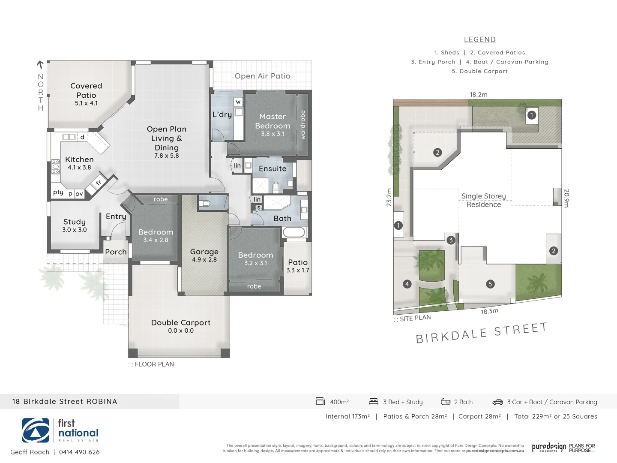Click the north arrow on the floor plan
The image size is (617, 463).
pos(40,65)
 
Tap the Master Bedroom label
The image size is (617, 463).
pos(273,121)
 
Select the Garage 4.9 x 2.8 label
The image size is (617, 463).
pos(204,255)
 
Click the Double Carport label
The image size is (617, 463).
pos(181,323)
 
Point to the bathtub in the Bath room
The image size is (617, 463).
pos(294,233)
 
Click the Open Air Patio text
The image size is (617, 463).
pos(262,76)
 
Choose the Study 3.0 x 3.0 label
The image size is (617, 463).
pos(75,225)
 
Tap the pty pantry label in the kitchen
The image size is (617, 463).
pos(58,192)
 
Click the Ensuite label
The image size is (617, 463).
pos(273,169)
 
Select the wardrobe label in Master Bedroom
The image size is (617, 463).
pos(303,125)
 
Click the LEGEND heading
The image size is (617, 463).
pos(480,39)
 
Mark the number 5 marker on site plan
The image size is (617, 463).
pos(490,284)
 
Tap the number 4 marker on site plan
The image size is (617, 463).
pos(407,284)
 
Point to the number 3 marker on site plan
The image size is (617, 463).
pos(451,240)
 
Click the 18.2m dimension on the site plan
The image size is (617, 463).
pos(479,95)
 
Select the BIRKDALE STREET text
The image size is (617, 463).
pos(482,334)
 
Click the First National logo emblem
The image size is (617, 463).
pos(36,430)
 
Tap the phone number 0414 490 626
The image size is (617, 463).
pos(79,452)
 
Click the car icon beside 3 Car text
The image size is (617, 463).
pos(497,402)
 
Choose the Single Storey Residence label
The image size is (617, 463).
pos(484,200)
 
